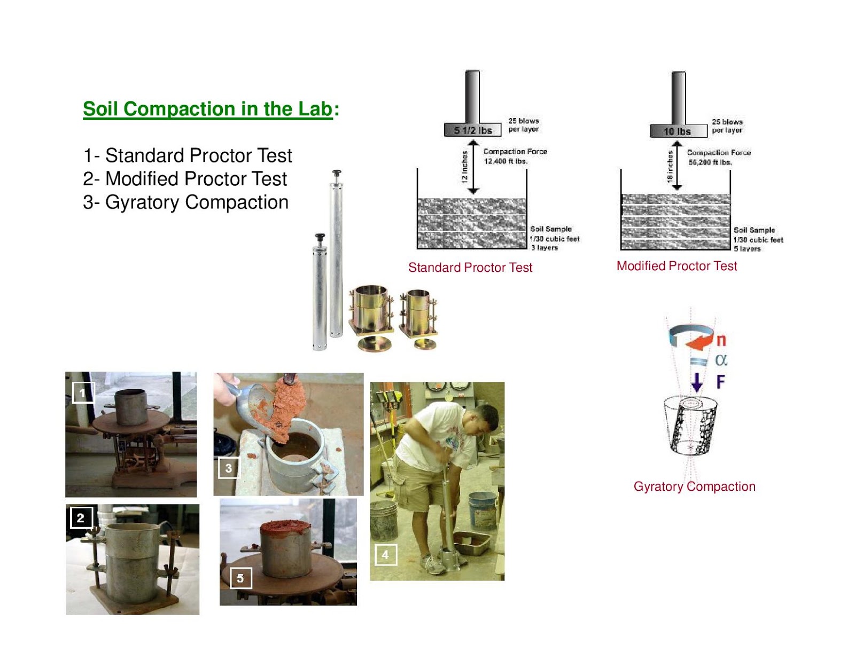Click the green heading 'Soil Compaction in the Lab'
click(208, 109)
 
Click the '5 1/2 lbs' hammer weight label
click(472, 130)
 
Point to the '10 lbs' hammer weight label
click(677, 131)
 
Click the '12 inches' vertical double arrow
click(473, 167)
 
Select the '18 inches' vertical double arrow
click(677, 166)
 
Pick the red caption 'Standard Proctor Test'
click(470, 268)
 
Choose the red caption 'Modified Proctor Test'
click(677, 266)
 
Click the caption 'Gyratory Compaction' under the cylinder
click(694, 486)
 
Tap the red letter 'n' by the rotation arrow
click(721, 340)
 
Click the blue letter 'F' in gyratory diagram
click(720, 382)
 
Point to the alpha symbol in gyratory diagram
click(721, 360)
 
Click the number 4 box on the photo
click(385, 555)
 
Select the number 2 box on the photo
click(81, 517)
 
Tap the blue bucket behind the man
click(482, 509)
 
